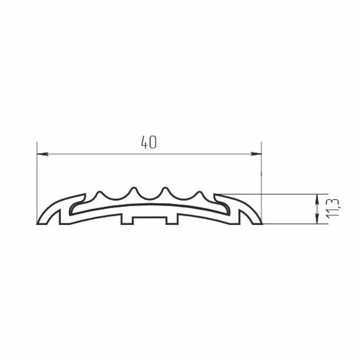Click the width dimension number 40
(149, 142)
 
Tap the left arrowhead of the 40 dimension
(43, 154)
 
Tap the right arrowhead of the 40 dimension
(256, 154)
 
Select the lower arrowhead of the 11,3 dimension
(317, 219)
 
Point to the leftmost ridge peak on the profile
(99, 192)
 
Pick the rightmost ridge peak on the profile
(199, 192)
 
